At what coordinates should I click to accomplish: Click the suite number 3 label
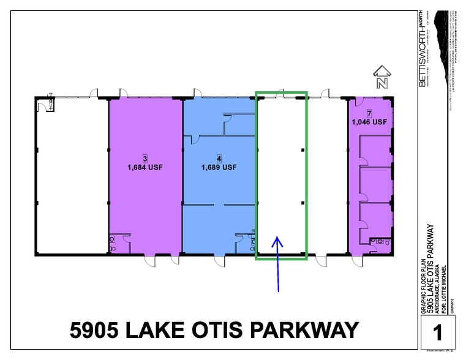click(145, 159)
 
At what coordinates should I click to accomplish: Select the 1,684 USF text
click(145, 167)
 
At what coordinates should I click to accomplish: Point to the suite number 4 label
click(219, 159)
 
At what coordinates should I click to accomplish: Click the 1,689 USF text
click(219, 167)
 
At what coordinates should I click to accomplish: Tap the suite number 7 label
click(369, 114)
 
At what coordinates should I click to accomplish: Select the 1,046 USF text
click(369, 122)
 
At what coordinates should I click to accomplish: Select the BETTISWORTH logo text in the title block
click(423, 48)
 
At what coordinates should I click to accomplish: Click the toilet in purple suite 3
click(112, 241)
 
